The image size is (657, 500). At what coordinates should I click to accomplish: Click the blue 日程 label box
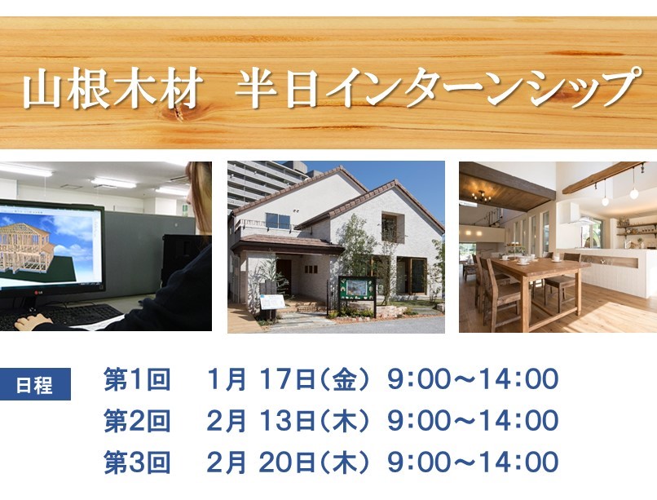coord(34,384)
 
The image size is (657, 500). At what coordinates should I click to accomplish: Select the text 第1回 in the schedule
coord(137,379)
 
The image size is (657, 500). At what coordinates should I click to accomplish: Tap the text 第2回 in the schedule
coord(137,421)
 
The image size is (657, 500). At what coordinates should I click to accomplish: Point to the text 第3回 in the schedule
coord(137,462)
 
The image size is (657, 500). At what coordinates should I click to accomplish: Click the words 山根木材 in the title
coord(112,90)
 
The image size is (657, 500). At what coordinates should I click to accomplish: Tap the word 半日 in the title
coord(276,90)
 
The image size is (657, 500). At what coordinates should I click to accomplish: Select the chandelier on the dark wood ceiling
coord(482,195)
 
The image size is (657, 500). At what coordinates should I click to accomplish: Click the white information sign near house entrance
coord(272,302)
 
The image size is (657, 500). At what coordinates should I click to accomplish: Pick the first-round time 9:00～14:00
coord(473,379)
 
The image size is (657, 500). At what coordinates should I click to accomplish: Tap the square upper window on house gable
coord(390,228)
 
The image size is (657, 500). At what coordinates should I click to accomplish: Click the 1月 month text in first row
coord(227,379)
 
